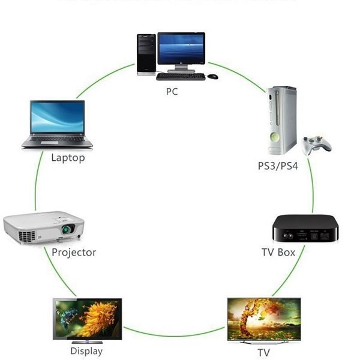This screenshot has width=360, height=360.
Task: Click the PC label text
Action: (x=172, y=92)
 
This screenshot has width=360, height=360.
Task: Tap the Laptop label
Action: (x=68, y=158)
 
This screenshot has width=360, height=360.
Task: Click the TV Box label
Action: (x=278, y=252)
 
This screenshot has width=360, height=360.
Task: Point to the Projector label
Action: (x=74, y=252)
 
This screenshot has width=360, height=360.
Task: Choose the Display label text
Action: (x=86, y=351)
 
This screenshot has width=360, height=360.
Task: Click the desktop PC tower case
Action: (x=146, y=54)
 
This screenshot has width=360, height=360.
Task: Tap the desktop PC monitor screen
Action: (x=181, y=48)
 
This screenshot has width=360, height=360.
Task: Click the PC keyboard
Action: (x=181, y=76)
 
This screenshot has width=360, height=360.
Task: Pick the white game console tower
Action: (x=281, y=120)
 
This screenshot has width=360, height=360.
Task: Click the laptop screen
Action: (x=58, y=118)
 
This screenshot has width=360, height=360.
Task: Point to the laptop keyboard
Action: (x=58, y=141)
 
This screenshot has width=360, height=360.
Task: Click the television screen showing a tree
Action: (x=263, y=318)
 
